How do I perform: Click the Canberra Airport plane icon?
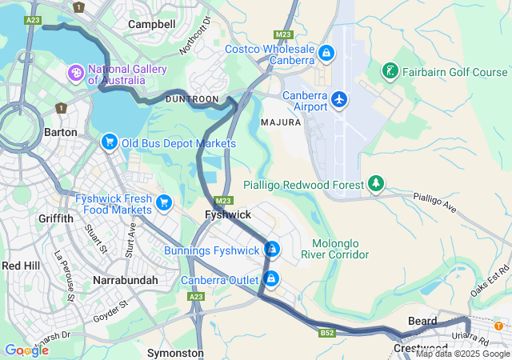340,99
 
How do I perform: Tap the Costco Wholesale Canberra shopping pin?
326,53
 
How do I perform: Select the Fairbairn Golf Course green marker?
390,72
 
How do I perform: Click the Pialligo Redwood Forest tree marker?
376,185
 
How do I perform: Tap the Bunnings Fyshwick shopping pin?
272,250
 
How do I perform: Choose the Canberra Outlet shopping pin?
272,279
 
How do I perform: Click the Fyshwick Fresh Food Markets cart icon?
164,202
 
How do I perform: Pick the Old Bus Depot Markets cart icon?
110,142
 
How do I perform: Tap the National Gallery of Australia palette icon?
77,74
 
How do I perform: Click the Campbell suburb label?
152,25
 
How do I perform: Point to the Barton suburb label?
61,132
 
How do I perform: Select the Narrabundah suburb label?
125,281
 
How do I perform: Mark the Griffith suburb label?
55,218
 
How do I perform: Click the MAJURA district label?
281,123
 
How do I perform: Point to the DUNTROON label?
191,98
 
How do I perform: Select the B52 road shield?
326,332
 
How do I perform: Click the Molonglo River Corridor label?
335,249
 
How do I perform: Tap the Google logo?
26,350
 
